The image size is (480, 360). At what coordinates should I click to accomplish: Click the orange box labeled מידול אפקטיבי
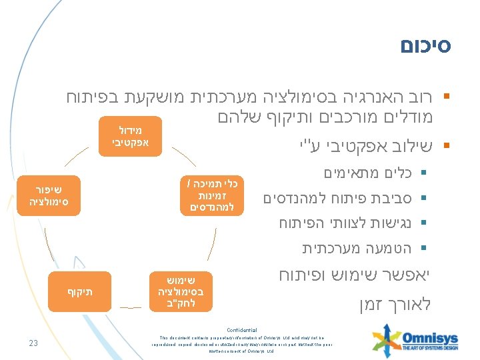coord(131,135)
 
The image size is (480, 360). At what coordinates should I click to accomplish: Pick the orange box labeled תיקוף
coord(79,292)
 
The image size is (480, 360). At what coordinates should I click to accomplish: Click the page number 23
coord(33,343)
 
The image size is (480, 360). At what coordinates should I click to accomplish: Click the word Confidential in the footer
coord(241,330)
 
